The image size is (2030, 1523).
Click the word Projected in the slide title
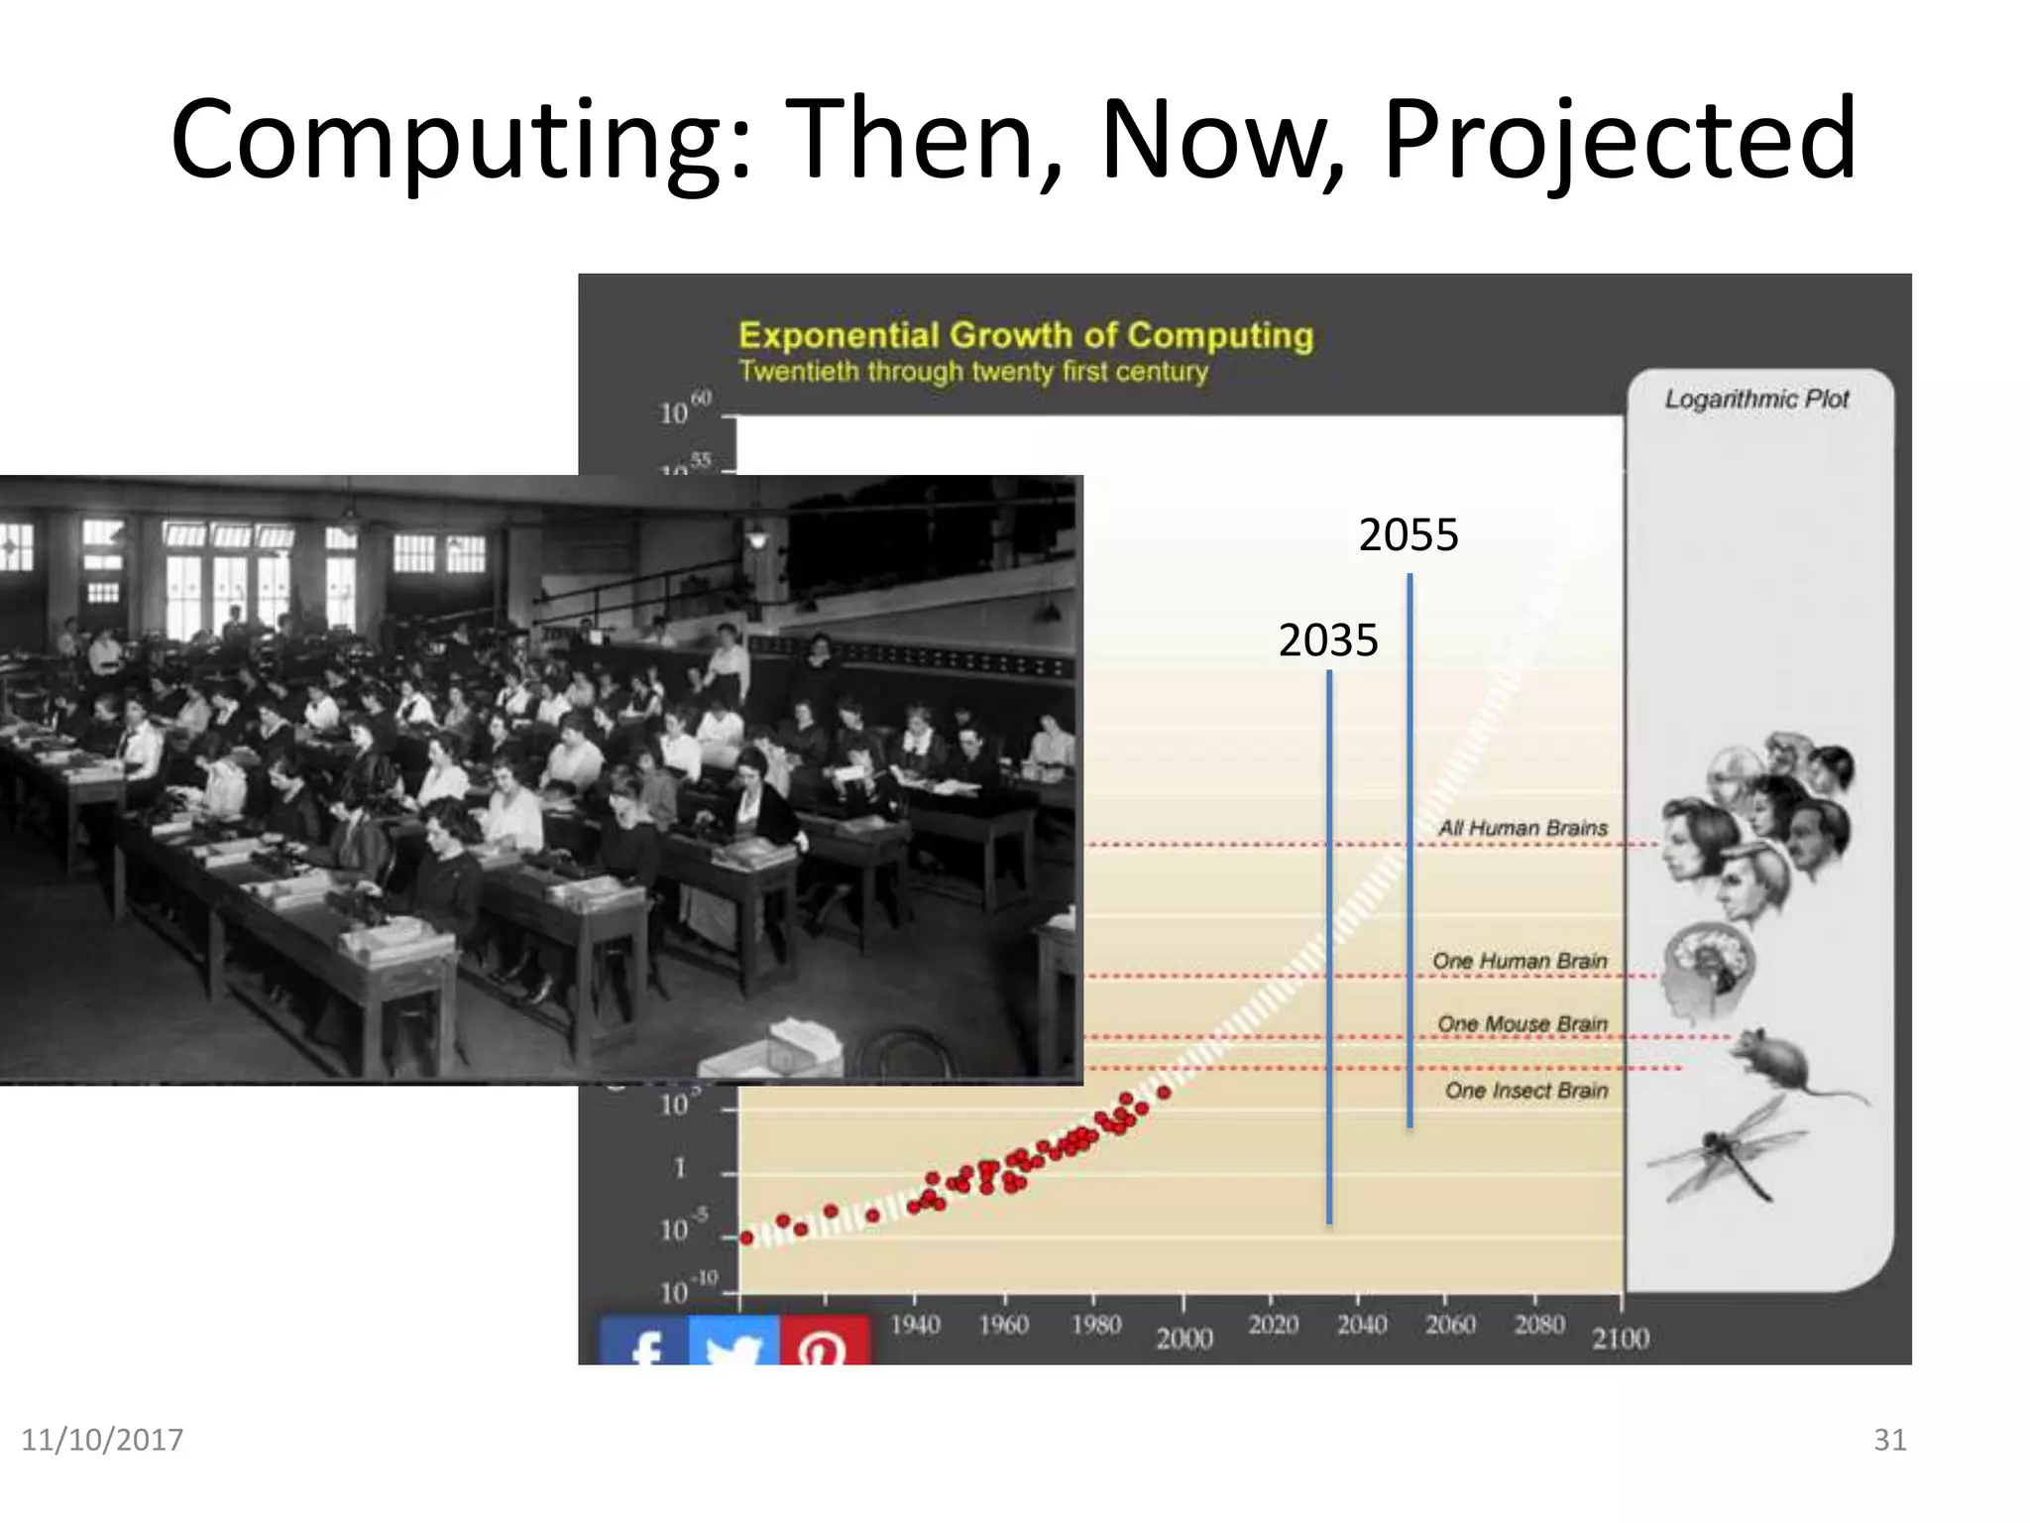tap(1619, 141)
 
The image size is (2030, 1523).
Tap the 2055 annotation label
tap(1408, 535)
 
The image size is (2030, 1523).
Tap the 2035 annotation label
tap(1327, 641)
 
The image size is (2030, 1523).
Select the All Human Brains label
tap(1522, 828)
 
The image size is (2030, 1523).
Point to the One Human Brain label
tap(1519, 961)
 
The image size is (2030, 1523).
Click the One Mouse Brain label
tap(1522, 1023)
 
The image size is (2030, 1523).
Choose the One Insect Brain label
tap(1525, 1091)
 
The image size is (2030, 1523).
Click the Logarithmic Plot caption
tap(1756, 400)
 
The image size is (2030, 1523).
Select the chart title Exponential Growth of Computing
tap(1026, 336)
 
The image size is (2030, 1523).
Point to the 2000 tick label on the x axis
tap(1184, 1339)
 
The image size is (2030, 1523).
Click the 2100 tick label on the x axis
tap(1621, 1339)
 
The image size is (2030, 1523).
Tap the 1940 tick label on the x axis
tap(915, 1325)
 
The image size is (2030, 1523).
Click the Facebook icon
tap(644, 1343)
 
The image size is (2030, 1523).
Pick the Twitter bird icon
tap(733, 1343)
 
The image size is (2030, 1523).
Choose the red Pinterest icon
tap(824, 1343)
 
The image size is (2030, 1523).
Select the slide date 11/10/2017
tap(102, 1440)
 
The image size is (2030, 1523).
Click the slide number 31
tap(1889, 1440)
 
